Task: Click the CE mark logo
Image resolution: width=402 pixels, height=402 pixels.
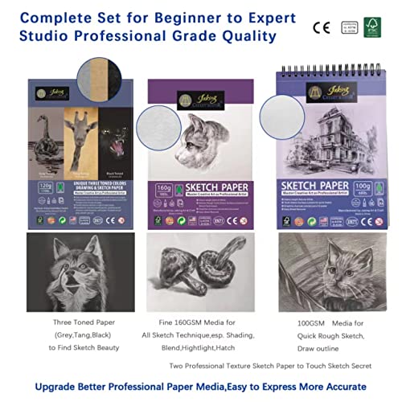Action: (320, 27)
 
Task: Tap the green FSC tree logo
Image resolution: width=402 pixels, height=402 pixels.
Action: (377, 27)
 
